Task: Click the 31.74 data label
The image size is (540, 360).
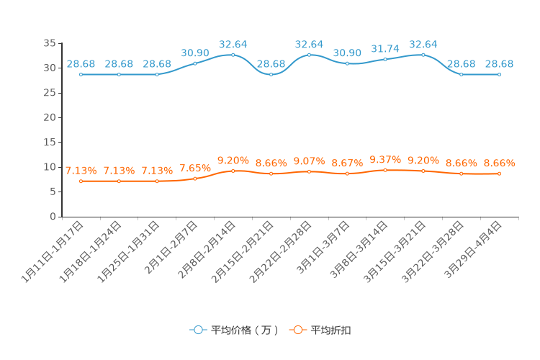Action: [385, 49]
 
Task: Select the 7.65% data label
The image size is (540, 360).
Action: [195, 168]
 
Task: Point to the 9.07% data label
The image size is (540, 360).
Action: [309, 161]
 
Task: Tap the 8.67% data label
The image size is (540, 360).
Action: [347, 163]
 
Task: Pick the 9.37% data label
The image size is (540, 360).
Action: [385, 159]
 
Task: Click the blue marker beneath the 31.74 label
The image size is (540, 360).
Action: [385, 59]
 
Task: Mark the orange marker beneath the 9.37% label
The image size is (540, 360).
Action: [385, 170]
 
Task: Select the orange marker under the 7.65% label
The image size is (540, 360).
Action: [195, 179]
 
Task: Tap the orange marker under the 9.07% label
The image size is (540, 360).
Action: [309, 171]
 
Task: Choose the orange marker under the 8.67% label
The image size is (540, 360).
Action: [347, 174]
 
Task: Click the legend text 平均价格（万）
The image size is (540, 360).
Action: [245, 330]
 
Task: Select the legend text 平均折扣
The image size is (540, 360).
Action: [331, 330]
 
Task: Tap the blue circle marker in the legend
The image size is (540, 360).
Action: [198, 330]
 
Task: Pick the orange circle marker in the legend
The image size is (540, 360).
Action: [297, 330]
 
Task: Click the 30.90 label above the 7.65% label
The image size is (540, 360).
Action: [195, 53]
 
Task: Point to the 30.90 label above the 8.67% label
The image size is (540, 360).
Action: [347, 53]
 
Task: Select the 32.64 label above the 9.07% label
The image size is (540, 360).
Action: [309, 45]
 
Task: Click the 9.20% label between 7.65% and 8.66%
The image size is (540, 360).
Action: [233, 160]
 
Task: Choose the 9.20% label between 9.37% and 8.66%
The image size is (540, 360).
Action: [423, 160]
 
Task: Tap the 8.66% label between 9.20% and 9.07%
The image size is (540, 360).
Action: [271, 163]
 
